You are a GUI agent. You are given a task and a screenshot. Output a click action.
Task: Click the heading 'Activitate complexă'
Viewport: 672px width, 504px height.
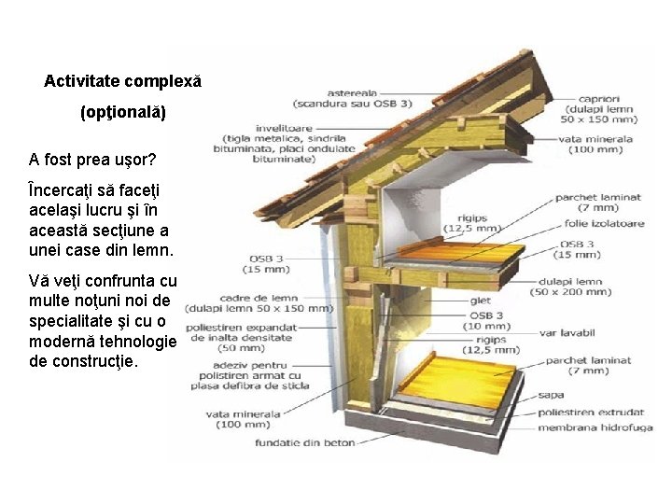click(122, 81)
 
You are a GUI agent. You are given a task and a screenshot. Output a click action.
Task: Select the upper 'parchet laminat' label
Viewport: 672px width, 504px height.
click(597, 198)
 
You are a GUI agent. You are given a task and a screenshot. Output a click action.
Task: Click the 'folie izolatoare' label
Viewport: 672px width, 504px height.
click(597, 224)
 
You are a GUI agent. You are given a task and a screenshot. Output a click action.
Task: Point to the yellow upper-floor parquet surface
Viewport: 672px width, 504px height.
click(448, 248)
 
